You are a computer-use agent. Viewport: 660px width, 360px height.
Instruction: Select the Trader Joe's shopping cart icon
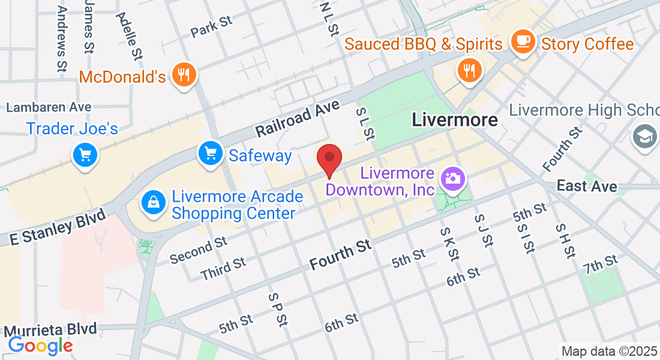[85, 155]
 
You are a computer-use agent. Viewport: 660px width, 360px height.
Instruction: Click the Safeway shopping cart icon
[211, 154]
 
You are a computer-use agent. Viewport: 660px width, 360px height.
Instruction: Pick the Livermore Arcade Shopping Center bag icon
[154, 202]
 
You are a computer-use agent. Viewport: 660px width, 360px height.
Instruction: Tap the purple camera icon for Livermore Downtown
[452, 178]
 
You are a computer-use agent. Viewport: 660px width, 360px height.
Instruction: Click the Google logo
[40, 345]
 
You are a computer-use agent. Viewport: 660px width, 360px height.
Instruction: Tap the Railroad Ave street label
[298, 118]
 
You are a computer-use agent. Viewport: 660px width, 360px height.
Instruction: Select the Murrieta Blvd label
[50, 329]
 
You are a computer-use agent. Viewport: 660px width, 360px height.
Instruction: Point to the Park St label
[211, 27]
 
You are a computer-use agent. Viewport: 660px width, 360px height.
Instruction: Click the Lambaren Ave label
[49, 107]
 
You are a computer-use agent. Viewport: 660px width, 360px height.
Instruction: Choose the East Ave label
[586, 186]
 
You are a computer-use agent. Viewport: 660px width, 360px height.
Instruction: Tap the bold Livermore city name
[455, 119]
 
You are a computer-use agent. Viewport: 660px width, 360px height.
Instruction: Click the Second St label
[198, 250]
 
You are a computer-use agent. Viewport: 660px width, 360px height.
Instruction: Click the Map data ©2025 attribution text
[608, 350]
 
